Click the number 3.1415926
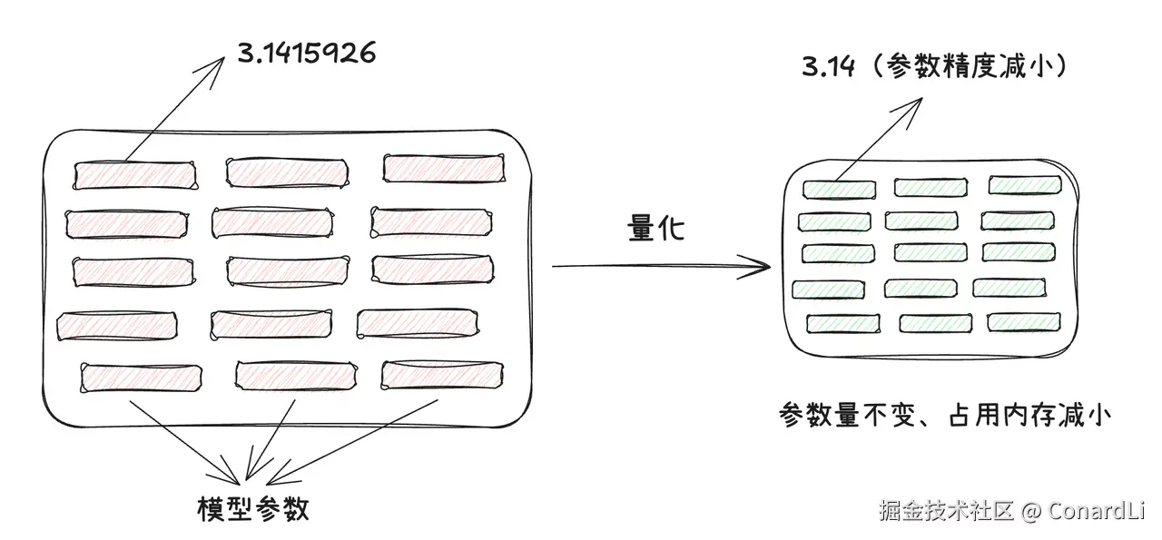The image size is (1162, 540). coord(306,54)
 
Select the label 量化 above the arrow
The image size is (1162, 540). coord(655,229)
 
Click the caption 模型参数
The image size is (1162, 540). coord(253,508)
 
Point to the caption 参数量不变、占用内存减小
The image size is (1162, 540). coord(944,415)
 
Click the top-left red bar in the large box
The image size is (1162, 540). coord(134,174)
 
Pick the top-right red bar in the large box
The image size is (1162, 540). coord(443,168)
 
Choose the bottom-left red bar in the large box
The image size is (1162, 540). coord(142,377)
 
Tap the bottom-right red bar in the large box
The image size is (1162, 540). coord(442,375)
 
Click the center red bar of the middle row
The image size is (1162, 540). coord(286,270)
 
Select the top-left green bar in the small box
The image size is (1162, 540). coord(839,190)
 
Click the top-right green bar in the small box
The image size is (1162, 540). coord(1024,185)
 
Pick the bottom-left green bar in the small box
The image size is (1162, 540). coord(842,323)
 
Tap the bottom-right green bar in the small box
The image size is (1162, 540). coord(1023,321)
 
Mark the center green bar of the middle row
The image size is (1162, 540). coord(930,252)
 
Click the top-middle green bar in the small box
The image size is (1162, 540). coord(931,187)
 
